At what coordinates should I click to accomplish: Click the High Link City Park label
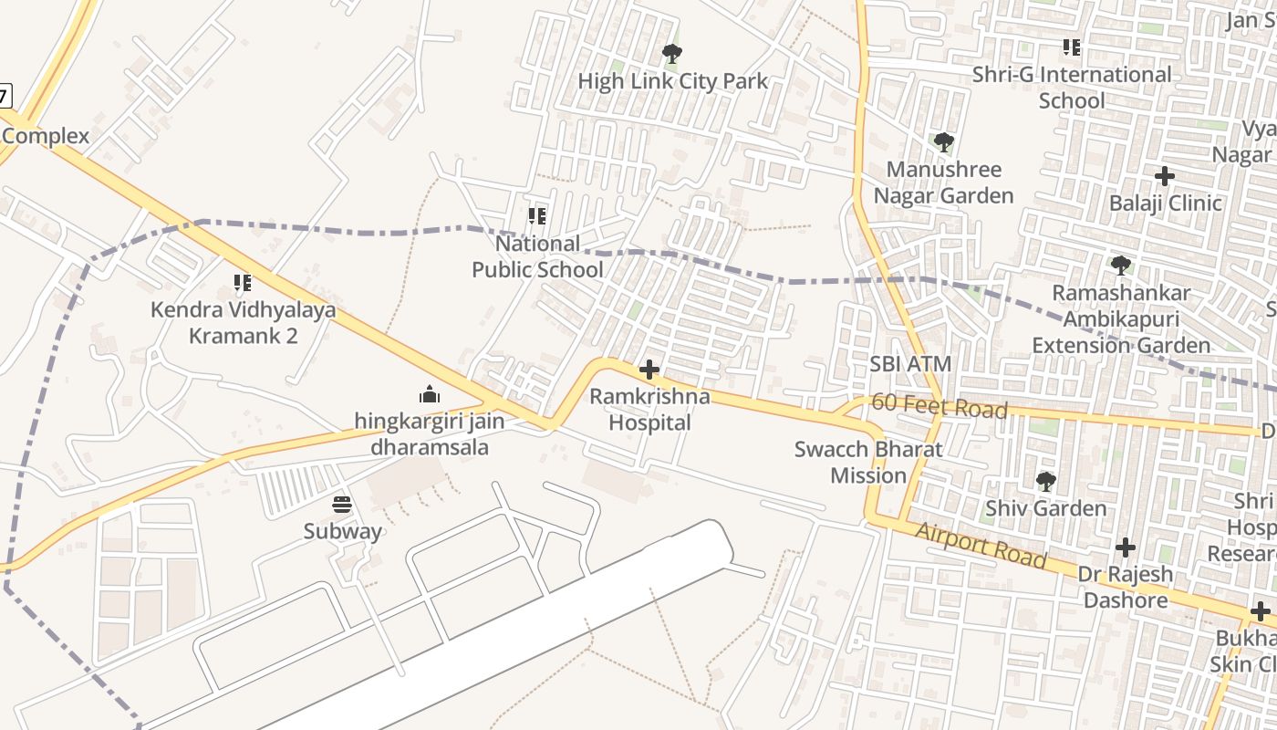(673, 81)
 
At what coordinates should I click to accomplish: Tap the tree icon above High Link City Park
(672, 54)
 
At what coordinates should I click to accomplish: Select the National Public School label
(537, 256)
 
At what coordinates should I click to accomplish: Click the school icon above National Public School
(537, 216)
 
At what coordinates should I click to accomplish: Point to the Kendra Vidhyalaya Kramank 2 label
(243, 323)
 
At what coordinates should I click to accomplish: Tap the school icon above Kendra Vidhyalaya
(243, 283)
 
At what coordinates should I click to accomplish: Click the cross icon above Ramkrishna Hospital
(649, 370)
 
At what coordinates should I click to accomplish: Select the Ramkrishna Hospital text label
(649, 410)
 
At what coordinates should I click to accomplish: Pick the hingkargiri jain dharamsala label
(429, 434)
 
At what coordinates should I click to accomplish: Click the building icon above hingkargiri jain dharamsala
(429, 394)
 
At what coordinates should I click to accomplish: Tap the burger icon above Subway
(342, 505)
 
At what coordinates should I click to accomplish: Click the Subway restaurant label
(342, 531)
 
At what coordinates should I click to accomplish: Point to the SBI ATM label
(909, 364)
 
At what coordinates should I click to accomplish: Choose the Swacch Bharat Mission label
(867, 462)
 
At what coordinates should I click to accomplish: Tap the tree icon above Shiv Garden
(1045, 481)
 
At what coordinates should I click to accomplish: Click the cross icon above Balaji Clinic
(1165, 176)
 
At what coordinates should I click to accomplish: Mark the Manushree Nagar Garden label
(943, 182)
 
